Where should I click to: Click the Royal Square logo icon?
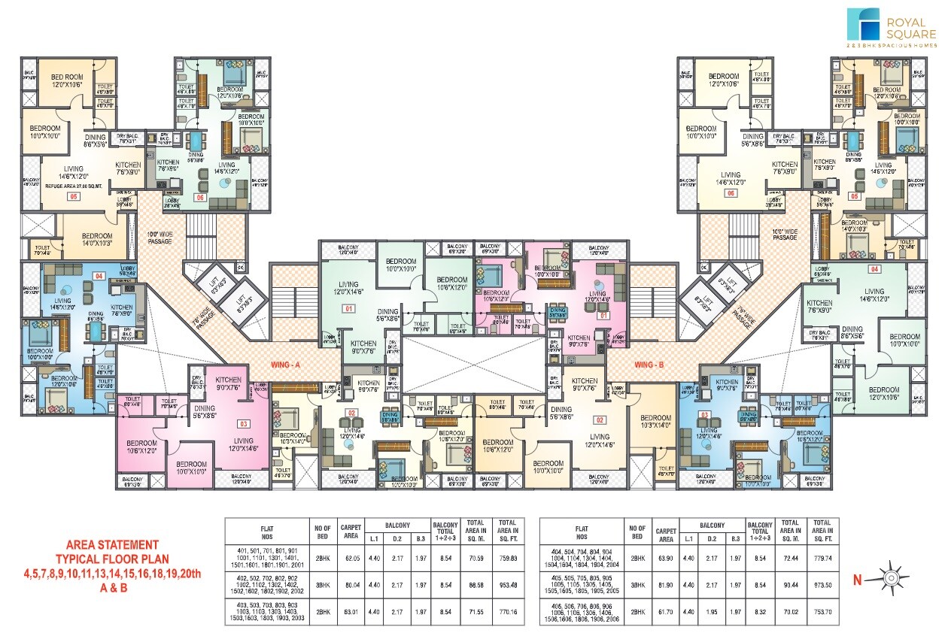(x=863, y=24)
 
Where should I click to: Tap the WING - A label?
(x=286, y=365)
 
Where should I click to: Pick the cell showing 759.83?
(x=508, y=558)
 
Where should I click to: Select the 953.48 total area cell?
(x=508, y=583)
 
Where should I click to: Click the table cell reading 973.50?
(x=822, y=583)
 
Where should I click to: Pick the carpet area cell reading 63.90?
(x=666, y=558)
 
